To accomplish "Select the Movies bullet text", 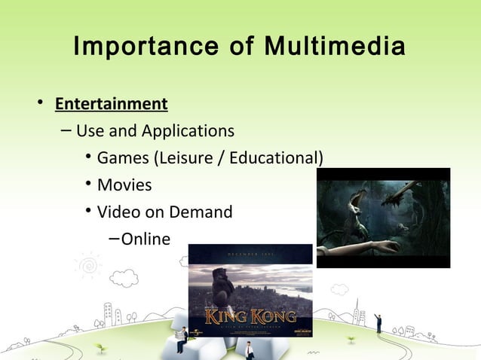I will pyautogui.click(x=124, y=185).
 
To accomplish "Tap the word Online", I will pyautogui.click(x=146, y=239).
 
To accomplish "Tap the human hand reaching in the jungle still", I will pyautogui.click(x=373, y=246).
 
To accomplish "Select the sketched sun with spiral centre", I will pyautogui.click(x=88, y=266).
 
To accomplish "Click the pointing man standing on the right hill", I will pyautogui.click(x=378, y=322).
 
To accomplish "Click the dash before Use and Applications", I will pyautogui.click(x=66, y=131).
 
